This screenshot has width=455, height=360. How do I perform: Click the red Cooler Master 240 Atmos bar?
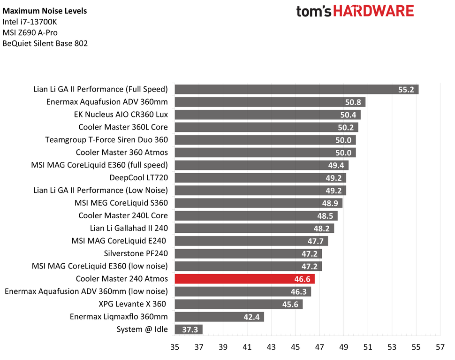244,279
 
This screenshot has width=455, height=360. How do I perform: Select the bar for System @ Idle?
188,329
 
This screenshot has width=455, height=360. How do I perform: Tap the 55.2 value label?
406,89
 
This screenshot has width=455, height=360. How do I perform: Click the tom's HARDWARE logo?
355,11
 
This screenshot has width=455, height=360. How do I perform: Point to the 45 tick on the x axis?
295,347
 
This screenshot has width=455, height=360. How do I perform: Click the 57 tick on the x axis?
440,347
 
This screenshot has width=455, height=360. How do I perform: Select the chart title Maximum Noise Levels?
45,11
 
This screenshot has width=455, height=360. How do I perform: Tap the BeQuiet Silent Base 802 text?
45,44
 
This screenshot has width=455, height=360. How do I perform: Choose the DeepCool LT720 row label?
138,177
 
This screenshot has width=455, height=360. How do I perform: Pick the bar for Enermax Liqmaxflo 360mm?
219,317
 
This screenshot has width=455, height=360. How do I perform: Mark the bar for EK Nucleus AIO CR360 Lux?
267,115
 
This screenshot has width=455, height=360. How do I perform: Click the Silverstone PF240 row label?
136,253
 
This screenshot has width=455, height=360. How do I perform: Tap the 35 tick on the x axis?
174,347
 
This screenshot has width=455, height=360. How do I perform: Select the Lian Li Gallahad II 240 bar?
254,228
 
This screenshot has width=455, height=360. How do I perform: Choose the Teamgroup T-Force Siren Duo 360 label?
106,140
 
